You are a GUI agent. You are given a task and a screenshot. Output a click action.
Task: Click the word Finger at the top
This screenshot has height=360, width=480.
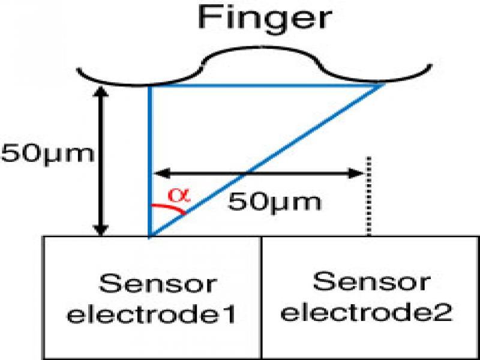click(x=265, y=18)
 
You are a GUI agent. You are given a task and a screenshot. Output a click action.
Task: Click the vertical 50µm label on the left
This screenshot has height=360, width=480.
click(x=47, y=154)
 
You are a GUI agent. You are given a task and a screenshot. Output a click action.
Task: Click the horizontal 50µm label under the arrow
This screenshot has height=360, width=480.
click(x=274, y=202)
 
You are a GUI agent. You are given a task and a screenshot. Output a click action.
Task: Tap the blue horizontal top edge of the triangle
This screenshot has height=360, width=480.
click(x=264, y=86)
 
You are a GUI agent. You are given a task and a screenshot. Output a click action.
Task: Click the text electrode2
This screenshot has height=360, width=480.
click(x=367, y=313)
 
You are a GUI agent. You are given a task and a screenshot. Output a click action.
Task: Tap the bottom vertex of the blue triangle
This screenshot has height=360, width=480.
click(x=149, y=236)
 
